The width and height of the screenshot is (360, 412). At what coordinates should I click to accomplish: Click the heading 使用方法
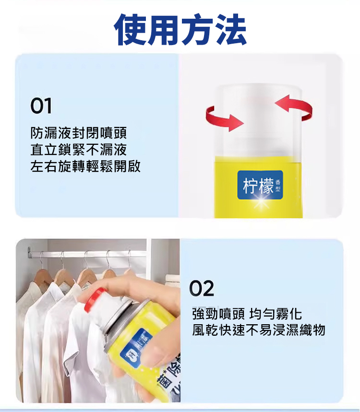180,30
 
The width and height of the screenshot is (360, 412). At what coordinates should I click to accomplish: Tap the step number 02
202,289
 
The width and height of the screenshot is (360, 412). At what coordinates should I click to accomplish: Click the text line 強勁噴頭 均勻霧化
247,314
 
